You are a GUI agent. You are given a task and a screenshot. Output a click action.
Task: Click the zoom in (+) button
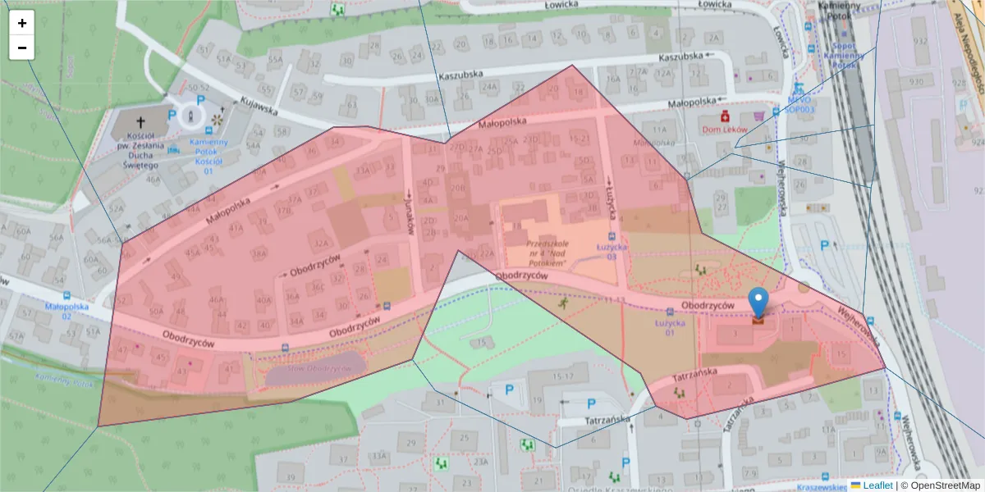22,23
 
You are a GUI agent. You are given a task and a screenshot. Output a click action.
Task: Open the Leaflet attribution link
877,485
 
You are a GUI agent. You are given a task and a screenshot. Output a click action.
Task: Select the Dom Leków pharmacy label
729,130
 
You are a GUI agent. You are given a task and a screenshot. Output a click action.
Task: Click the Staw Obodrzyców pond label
314,369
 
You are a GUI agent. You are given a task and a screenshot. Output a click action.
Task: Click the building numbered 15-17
562,376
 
